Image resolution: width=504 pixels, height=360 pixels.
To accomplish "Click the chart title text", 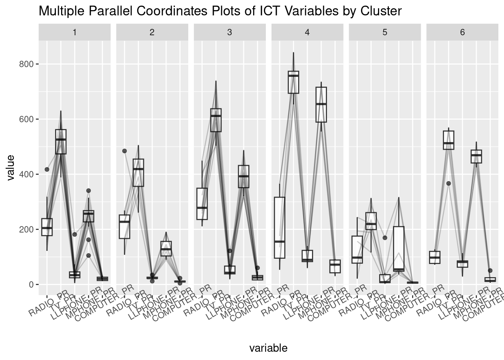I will pyautogui.click(x=220, y=11).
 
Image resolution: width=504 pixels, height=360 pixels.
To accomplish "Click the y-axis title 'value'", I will pyautogui.click(x=11, y=167).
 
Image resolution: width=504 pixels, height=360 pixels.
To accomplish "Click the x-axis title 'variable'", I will pyautogui.click(x=268, y=348).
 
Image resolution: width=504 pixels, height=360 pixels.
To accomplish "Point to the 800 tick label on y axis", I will pyautogui.click(x=26, y=64).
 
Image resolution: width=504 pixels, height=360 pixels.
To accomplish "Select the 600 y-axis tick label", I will pyautogui.click(x=26, y=119).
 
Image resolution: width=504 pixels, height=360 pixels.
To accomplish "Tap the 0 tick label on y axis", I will pyautogui.click(x=31, y=285).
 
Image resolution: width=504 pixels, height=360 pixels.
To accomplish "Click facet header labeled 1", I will pyautogui.click(x=75, y=32).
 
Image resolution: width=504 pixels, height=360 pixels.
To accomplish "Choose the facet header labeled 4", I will pyautogui.click(x=307, y=32).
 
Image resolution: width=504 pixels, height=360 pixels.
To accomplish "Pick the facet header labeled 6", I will pyautogui.click(x=462, y=32).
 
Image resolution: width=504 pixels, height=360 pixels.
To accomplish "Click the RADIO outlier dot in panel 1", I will pyautogui.click(x=47, y=169).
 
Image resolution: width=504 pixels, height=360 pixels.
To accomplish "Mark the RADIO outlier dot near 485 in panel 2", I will pyautogui.click(x=124, y=151).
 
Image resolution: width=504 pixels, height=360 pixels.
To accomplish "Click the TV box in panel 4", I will pyautogui.click(x=293, y=82).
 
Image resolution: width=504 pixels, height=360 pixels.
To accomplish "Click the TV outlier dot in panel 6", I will pyautogui.click(x=448, y=183).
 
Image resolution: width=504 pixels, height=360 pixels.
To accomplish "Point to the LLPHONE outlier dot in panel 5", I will pyautogui.click(x=385, y=238).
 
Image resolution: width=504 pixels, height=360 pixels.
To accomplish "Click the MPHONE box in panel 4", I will pyautogui.click(x=321, y=105).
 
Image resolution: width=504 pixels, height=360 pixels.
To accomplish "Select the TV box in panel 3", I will pyautogui.click(x=216, y=120).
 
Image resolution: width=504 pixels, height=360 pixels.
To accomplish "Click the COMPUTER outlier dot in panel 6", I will pyautogui.click(x=490, y=270).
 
